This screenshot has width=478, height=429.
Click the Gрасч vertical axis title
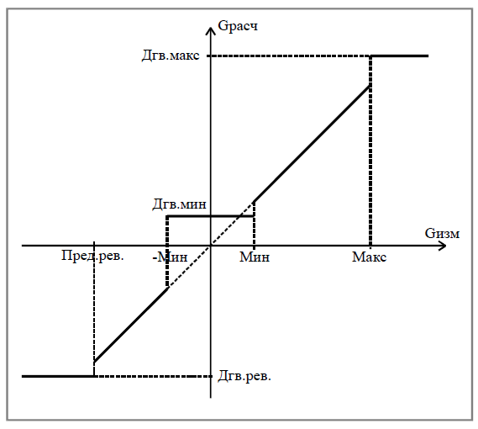click(x=238, y=26)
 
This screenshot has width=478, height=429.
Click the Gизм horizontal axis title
click(x=442, y=234)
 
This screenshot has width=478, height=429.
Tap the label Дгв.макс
click(x=171, y=56)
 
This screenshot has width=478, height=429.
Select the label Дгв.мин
click(x=179, y=204)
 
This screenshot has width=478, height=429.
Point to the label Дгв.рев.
click(x=244, y=376)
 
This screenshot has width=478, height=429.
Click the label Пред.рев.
click(x=92, y=256)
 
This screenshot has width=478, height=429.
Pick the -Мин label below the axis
click(x=170, y=257)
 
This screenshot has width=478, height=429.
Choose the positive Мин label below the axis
click(x=255, y=257)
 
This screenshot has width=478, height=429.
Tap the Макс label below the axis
click(x=369, y=257)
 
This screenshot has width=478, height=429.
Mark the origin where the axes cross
click(x=211, y=246)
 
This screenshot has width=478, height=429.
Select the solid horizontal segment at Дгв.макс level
click(x=399, y=56)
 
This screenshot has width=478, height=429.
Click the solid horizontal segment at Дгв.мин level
click(x=211, y=216)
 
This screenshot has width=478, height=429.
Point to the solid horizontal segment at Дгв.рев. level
click(x=58, y=376)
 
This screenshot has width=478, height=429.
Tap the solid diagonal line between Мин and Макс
click(x=312, y=144)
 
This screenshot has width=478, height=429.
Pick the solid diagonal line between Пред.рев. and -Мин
click(x=131, y=326)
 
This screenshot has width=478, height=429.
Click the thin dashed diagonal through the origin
click(x=211, y=246)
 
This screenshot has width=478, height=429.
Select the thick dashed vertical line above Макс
click(x=370, y=151)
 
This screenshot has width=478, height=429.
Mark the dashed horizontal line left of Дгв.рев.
click(x=153, y=376)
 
